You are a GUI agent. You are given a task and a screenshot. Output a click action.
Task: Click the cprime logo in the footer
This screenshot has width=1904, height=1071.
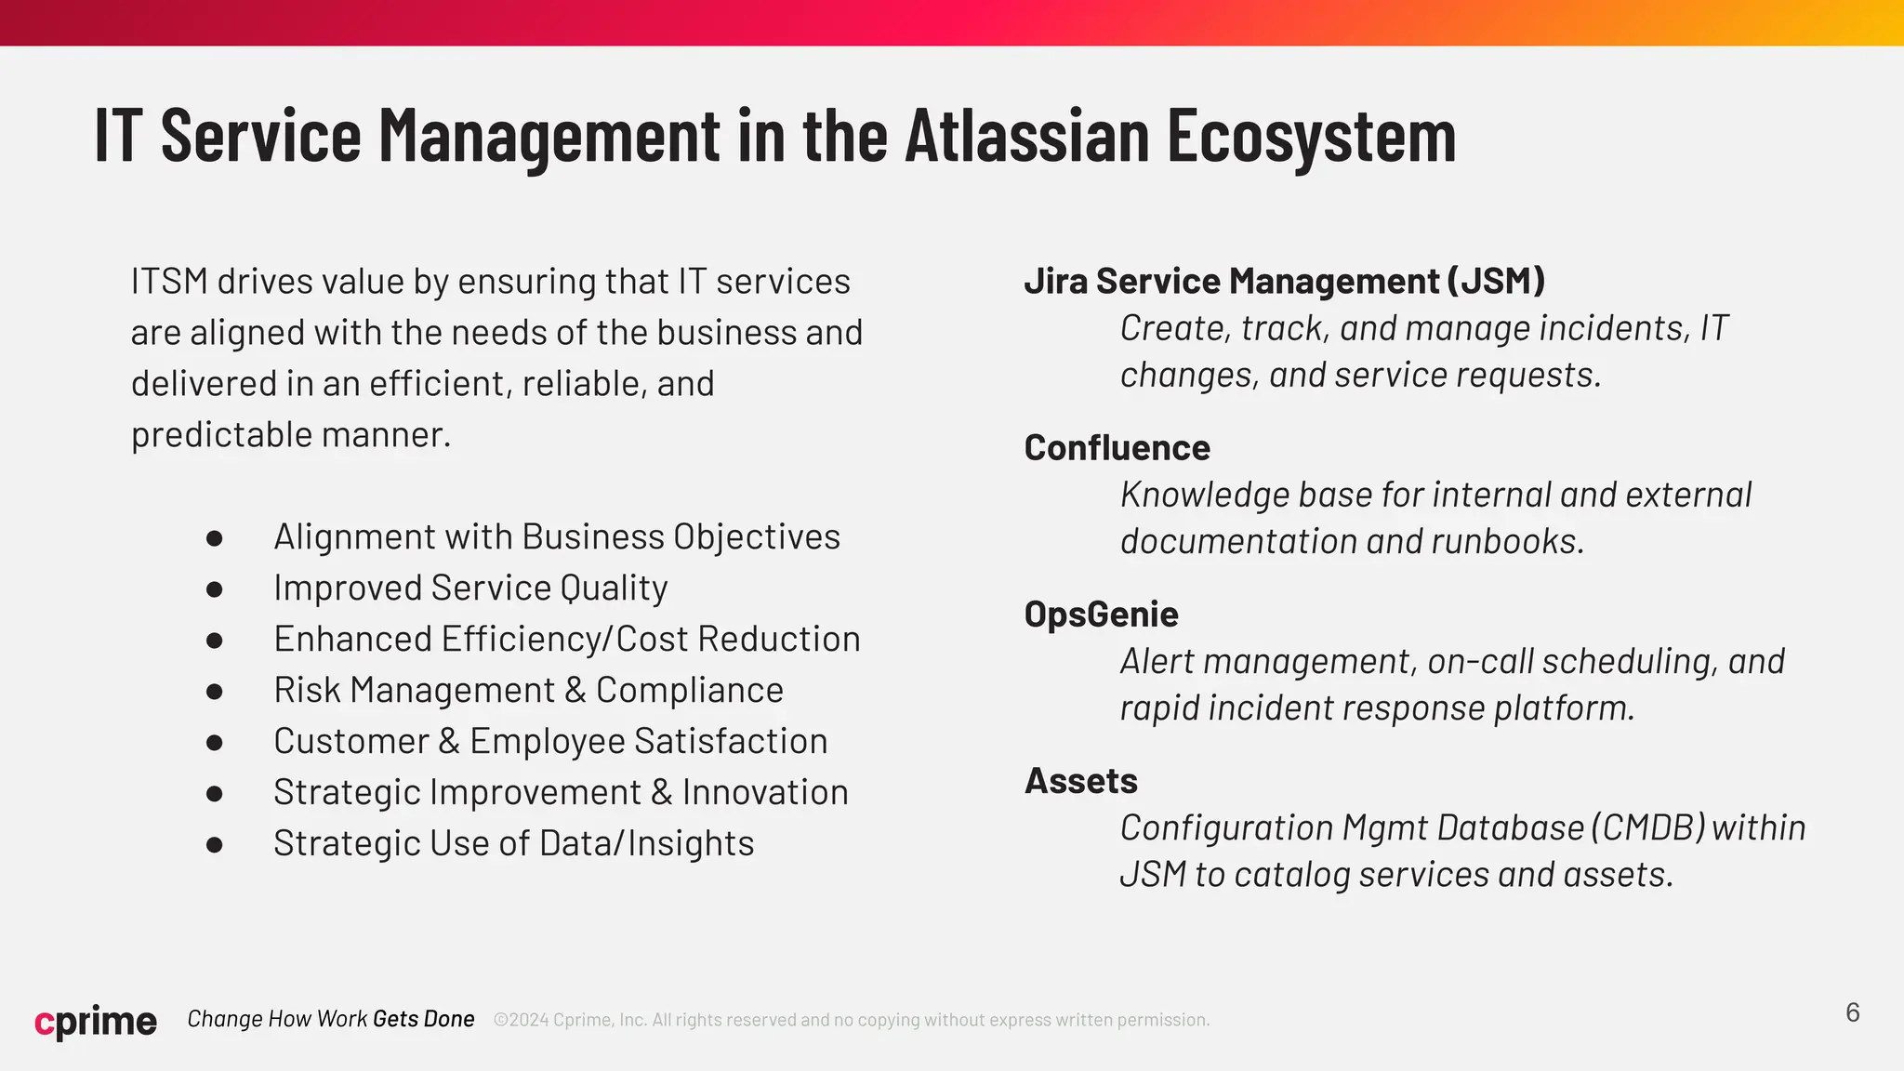(x=96, y=1021)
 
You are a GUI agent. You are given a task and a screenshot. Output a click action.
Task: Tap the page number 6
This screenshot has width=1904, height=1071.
(x=1852, y=1012)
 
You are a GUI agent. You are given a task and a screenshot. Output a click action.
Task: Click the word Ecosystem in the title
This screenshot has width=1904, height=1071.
(x=1311, y=136)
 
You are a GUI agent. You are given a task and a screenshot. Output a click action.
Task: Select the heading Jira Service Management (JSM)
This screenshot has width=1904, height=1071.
(x=1284, y=281)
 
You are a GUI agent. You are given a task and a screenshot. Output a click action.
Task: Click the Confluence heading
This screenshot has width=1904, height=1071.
(x=1117, y=448)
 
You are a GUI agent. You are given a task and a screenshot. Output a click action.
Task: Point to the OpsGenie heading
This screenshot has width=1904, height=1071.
(x=1101, y=615)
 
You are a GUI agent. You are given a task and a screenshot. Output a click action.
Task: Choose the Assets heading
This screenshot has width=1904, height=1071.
(x=1080, y=781)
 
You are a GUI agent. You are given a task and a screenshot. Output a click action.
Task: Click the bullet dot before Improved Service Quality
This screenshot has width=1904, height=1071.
(x=215, y=589)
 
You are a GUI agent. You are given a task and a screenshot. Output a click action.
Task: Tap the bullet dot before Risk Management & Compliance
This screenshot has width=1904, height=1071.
(x=215, y=692)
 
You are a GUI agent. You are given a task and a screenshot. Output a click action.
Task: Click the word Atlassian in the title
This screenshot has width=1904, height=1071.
(x=1027, y=136)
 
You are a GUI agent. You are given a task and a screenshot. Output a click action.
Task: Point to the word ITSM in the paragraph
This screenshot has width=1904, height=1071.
(x=169, y=282)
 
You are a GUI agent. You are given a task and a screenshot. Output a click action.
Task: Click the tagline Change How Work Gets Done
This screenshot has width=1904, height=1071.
(x=331, y=1019)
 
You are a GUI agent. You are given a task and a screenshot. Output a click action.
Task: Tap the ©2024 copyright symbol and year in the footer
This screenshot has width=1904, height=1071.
(x=521, y=1020)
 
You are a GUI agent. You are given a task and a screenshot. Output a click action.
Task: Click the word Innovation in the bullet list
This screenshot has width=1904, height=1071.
(x=764, y=792)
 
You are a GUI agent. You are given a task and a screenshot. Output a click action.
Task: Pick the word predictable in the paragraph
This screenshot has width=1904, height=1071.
(x=221, y=435)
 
